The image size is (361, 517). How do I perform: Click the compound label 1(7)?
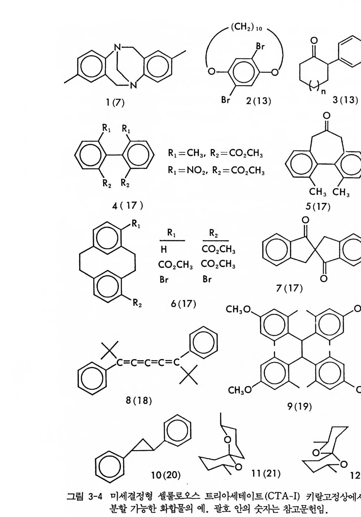click(115, 103)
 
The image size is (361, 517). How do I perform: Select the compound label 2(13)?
click(258, 101)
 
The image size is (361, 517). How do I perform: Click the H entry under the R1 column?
click(164, 250)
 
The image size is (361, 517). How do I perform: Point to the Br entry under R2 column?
click(207, 279)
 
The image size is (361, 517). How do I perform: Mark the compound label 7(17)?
click(289, 288)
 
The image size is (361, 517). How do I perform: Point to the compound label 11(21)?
click(266, 472)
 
